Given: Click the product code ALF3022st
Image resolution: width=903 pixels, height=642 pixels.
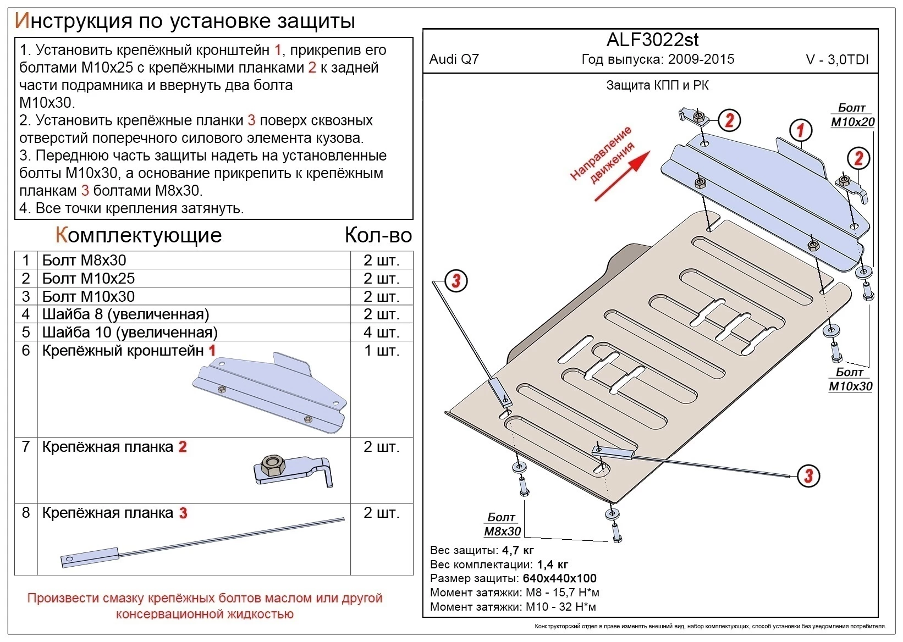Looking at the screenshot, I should point(652,40).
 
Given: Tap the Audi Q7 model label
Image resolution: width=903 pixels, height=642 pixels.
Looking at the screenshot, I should point(454,59).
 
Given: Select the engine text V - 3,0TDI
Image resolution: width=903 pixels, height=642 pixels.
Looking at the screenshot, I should point(837,60).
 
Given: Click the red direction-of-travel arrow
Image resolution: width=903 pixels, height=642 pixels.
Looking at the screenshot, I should point(621,176).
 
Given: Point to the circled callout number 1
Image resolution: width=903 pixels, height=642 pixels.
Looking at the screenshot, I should point(801,130).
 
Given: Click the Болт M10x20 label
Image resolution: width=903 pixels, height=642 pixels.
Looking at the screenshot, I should point(852,115).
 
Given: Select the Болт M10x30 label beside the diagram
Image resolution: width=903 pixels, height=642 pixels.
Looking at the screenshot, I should point(850,379).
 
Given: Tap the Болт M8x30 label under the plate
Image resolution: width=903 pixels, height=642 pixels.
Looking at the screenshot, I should point(502,524).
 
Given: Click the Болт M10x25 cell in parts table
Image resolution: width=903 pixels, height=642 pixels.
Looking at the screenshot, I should point(88,278).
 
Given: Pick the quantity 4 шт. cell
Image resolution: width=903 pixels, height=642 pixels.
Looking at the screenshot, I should point(381,332).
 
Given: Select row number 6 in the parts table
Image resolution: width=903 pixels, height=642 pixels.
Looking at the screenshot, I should point(26,350).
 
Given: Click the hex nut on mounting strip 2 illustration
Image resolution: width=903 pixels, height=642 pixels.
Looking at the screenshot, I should point(273,466).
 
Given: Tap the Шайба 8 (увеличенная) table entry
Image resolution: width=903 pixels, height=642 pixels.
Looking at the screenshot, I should point(125,314).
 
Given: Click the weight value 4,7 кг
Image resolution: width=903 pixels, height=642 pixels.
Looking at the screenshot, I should point(517,550).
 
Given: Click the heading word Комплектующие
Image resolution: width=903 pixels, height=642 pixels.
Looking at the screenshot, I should point(139,235).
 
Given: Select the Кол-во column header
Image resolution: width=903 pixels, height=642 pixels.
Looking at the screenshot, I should point(378,235).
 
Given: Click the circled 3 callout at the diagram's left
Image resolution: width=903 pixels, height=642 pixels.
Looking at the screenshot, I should point(455,281).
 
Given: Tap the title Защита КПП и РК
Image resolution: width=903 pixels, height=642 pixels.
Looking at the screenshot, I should point(657,85).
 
